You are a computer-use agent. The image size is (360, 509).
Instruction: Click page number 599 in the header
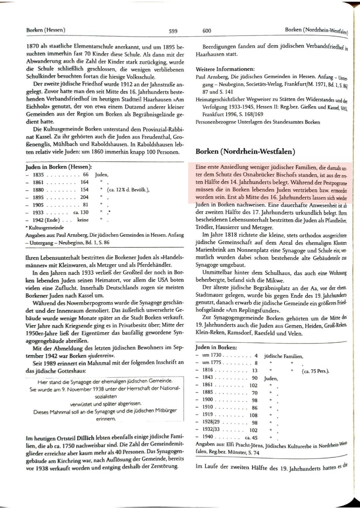[x=173, y=31]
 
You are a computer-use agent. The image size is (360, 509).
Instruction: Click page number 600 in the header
[x=207, y=31]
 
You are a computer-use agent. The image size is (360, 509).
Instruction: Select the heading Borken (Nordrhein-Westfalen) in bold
[x=245, y=151]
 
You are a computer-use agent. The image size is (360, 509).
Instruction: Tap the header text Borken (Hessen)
[x=46, y=30]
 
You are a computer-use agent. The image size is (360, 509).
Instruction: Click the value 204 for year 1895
[x=84, y=197]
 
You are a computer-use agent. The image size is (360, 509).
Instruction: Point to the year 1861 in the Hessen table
[x=39, y=182]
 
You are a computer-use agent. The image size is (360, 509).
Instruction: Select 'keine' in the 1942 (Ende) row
[x=83, y=220]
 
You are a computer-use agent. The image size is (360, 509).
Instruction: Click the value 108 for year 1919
[x=253, y=415]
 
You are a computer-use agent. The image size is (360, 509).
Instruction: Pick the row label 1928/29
[x=211, y=422]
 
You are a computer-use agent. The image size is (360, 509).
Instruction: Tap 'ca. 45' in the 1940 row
[x=251, y=438]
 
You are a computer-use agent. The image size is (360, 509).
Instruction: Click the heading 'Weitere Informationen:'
[x=225, y=69]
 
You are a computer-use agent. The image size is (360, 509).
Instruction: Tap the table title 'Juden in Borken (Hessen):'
[x=59, y=167]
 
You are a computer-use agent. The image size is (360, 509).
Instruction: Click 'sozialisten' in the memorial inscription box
[x=106, y=396]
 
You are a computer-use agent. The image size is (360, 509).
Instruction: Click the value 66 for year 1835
[x=86, y=175]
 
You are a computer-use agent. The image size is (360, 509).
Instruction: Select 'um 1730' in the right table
[x=212, y=355]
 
